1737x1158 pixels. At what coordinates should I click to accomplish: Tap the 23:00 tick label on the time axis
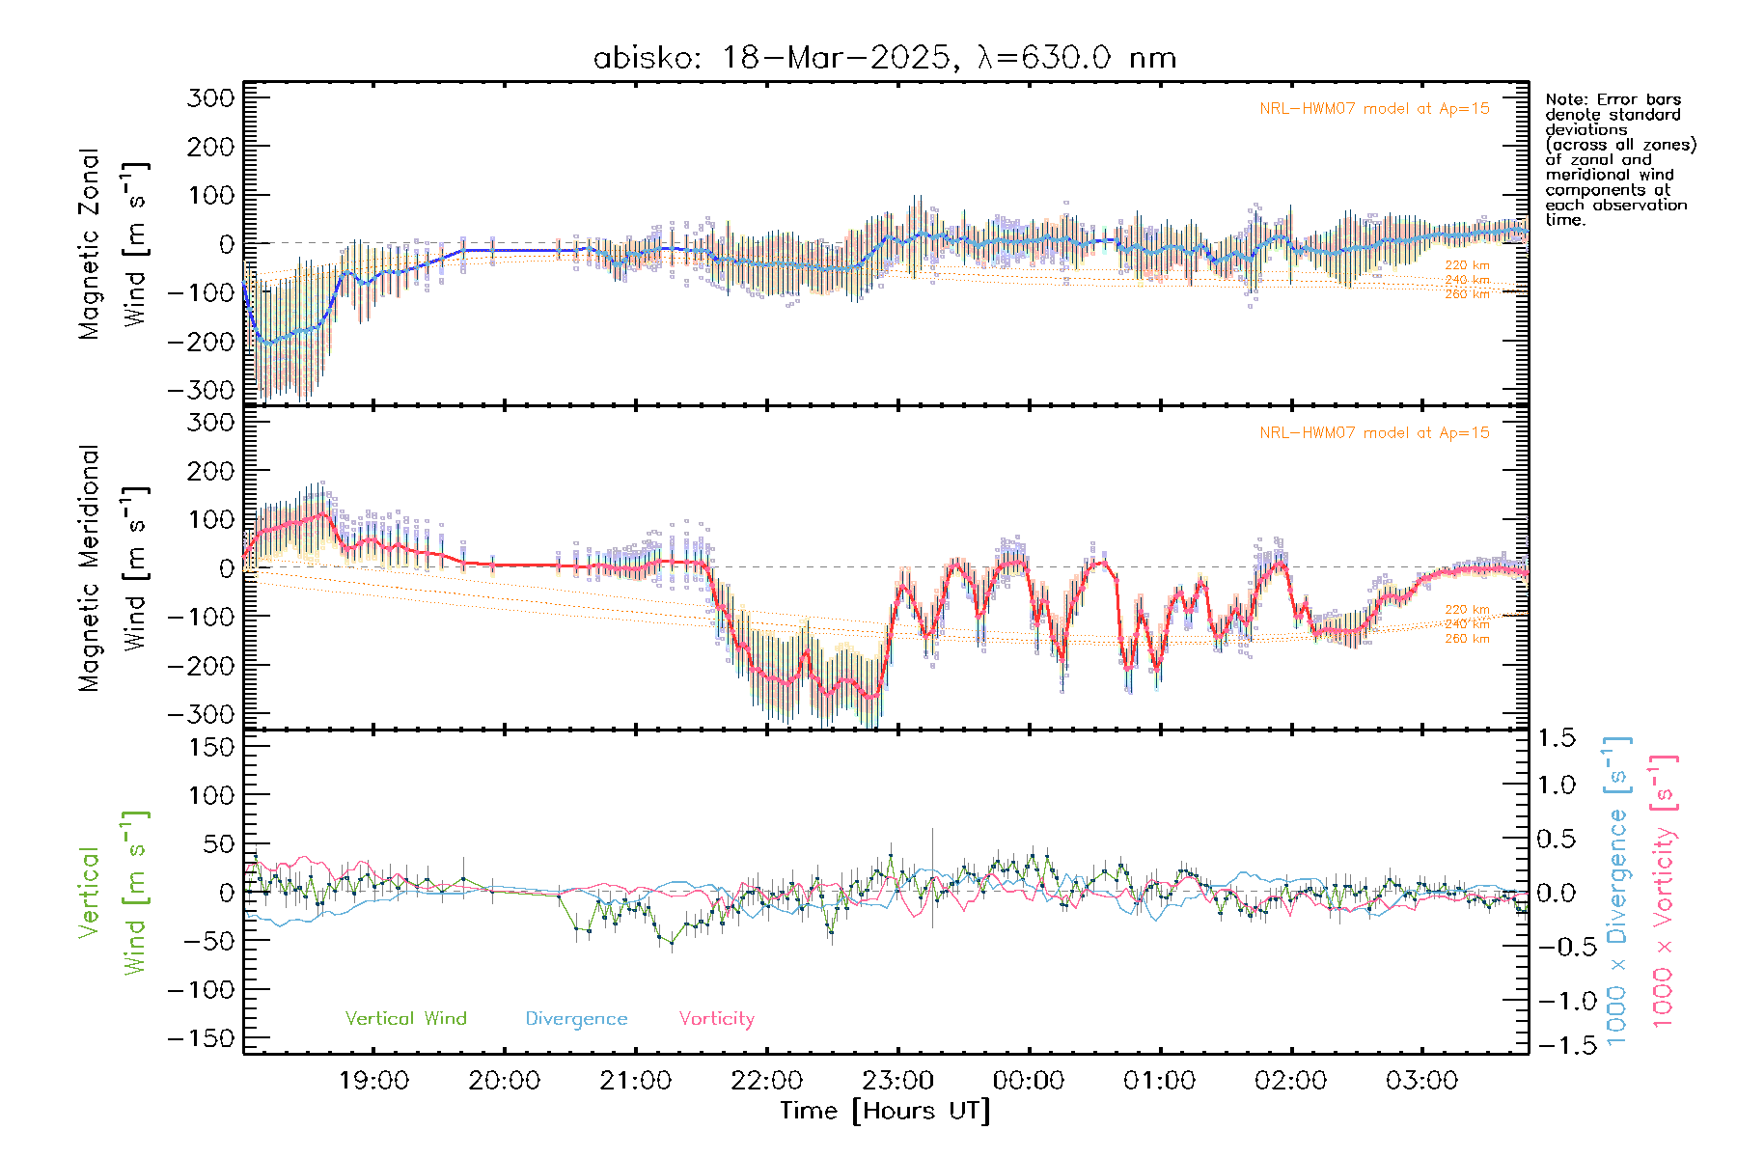coord(897,1080)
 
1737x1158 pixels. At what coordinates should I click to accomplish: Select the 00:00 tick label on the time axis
coord(1029,1080)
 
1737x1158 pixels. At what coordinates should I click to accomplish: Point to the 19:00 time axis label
coord(373,1080)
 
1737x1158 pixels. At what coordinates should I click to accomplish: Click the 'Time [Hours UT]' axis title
coord(885,1111)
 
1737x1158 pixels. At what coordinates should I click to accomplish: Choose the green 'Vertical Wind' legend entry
coord(405,1018)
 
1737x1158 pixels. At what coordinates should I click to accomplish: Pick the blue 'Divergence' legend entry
coord(576,1018)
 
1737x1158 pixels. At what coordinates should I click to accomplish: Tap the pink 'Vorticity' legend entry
coord(716,1018)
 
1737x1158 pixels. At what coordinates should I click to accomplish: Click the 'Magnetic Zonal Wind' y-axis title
coord(114,244)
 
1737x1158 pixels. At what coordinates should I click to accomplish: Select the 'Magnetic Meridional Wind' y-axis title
coord(114,568)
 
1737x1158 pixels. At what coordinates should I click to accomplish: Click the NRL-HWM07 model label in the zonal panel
coord(1374,108)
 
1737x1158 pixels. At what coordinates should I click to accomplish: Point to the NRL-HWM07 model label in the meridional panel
coord(1374,432)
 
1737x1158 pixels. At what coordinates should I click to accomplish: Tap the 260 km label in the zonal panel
coord(1467,294)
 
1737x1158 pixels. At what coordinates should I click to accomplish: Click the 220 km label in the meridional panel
coord(1467,609)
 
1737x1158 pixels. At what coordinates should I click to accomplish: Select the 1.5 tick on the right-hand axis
coord(1556,738)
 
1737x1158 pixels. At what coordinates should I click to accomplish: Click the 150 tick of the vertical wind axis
coord(211,747)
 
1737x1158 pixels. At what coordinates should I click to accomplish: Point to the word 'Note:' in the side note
coord(1565,99)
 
